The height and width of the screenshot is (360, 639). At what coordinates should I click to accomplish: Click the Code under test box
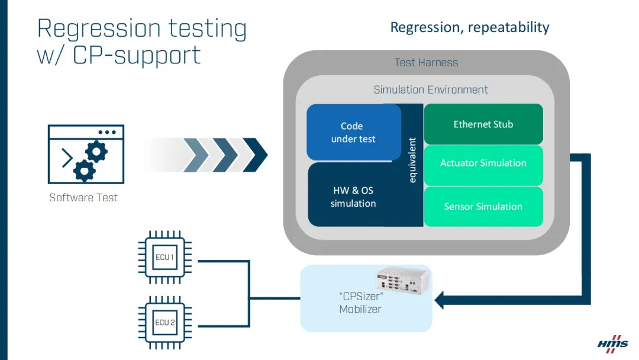coord(353,133)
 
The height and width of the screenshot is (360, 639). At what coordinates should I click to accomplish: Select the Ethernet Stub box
coord(483,124)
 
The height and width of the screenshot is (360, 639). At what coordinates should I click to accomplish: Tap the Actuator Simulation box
coord(483,163)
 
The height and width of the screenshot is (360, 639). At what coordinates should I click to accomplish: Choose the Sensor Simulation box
coord(483,207)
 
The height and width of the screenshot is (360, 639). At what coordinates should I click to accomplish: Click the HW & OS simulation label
coord(353,197)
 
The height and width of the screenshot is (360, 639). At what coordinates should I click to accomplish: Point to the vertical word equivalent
coord(412,160)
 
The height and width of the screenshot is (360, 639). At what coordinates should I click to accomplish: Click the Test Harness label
coord(426,62)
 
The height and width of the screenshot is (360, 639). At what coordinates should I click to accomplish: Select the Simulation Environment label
coord(431,90)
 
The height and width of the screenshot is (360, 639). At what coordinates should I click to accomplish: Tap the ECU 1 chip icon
coord(164,258)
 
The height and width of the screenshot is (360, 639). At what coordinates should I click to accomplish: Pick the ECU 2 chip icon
coord(164,323)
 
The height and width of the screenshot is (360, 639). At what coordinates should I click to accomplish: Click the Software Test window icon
coord(86,153)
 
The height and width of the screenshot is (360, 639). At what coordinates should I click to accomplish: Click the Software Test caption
coord(83,198)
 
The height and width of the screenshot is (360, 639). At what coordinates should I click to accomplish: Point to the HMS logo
coord(612,345)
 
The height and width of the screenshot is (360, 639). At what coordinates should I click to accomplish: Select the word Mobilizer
coord(360,309)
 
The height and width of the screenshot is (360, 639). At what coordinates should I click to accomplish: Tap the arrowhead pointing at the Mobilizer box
coord(440,300)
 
